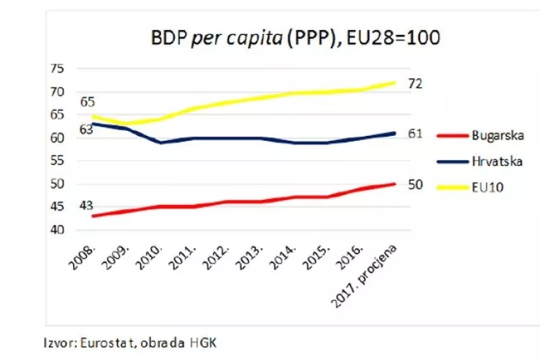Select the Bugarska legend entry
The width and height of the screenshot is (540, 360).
pos(495,134)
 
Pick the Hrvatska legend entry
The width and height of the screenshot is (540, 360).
pos(497,162)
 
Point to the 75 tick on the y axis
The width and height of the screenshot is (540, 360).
pos(58,68)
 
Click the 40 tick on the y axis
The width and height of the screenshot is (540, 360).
pos(58,231)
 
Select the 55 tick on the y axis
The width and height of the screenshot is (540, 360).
pos(58,161)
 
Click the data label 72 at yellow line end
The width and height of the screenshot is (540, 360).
pos(415,84)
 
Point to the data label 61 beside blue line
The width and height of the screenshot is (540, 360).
pos(415,133)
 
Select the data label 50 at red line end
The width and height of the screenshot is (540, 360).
pos(415,184)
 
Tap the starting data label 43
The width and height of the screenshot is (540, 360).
pos(86,206)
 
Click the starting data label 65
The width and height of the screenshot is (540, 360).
pos(88,102)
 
